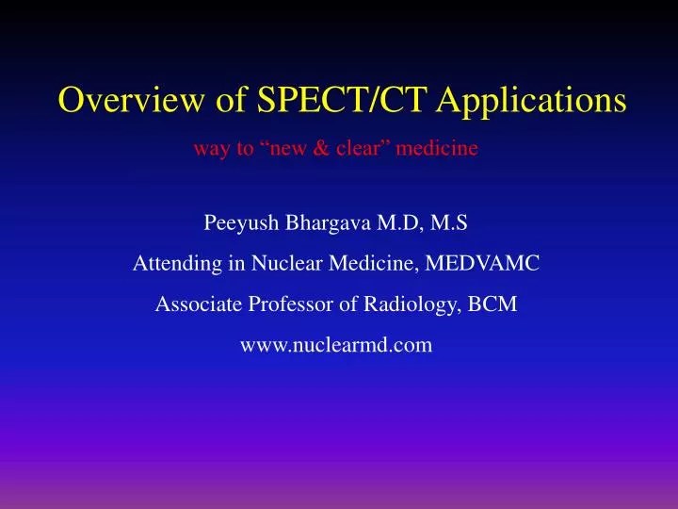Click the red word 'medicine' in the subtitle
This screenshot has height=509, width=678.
pyautogui.click(x=445, y=149)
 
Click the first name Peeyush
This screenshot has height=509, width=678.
pyautogui.click(x=237, y=224)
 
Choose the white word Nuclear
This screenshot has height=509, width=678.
pyautogui.click(x=276, y=265)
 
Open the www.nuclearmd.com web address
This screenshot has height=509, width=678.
pyautogui.click(x=337, y=345)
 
